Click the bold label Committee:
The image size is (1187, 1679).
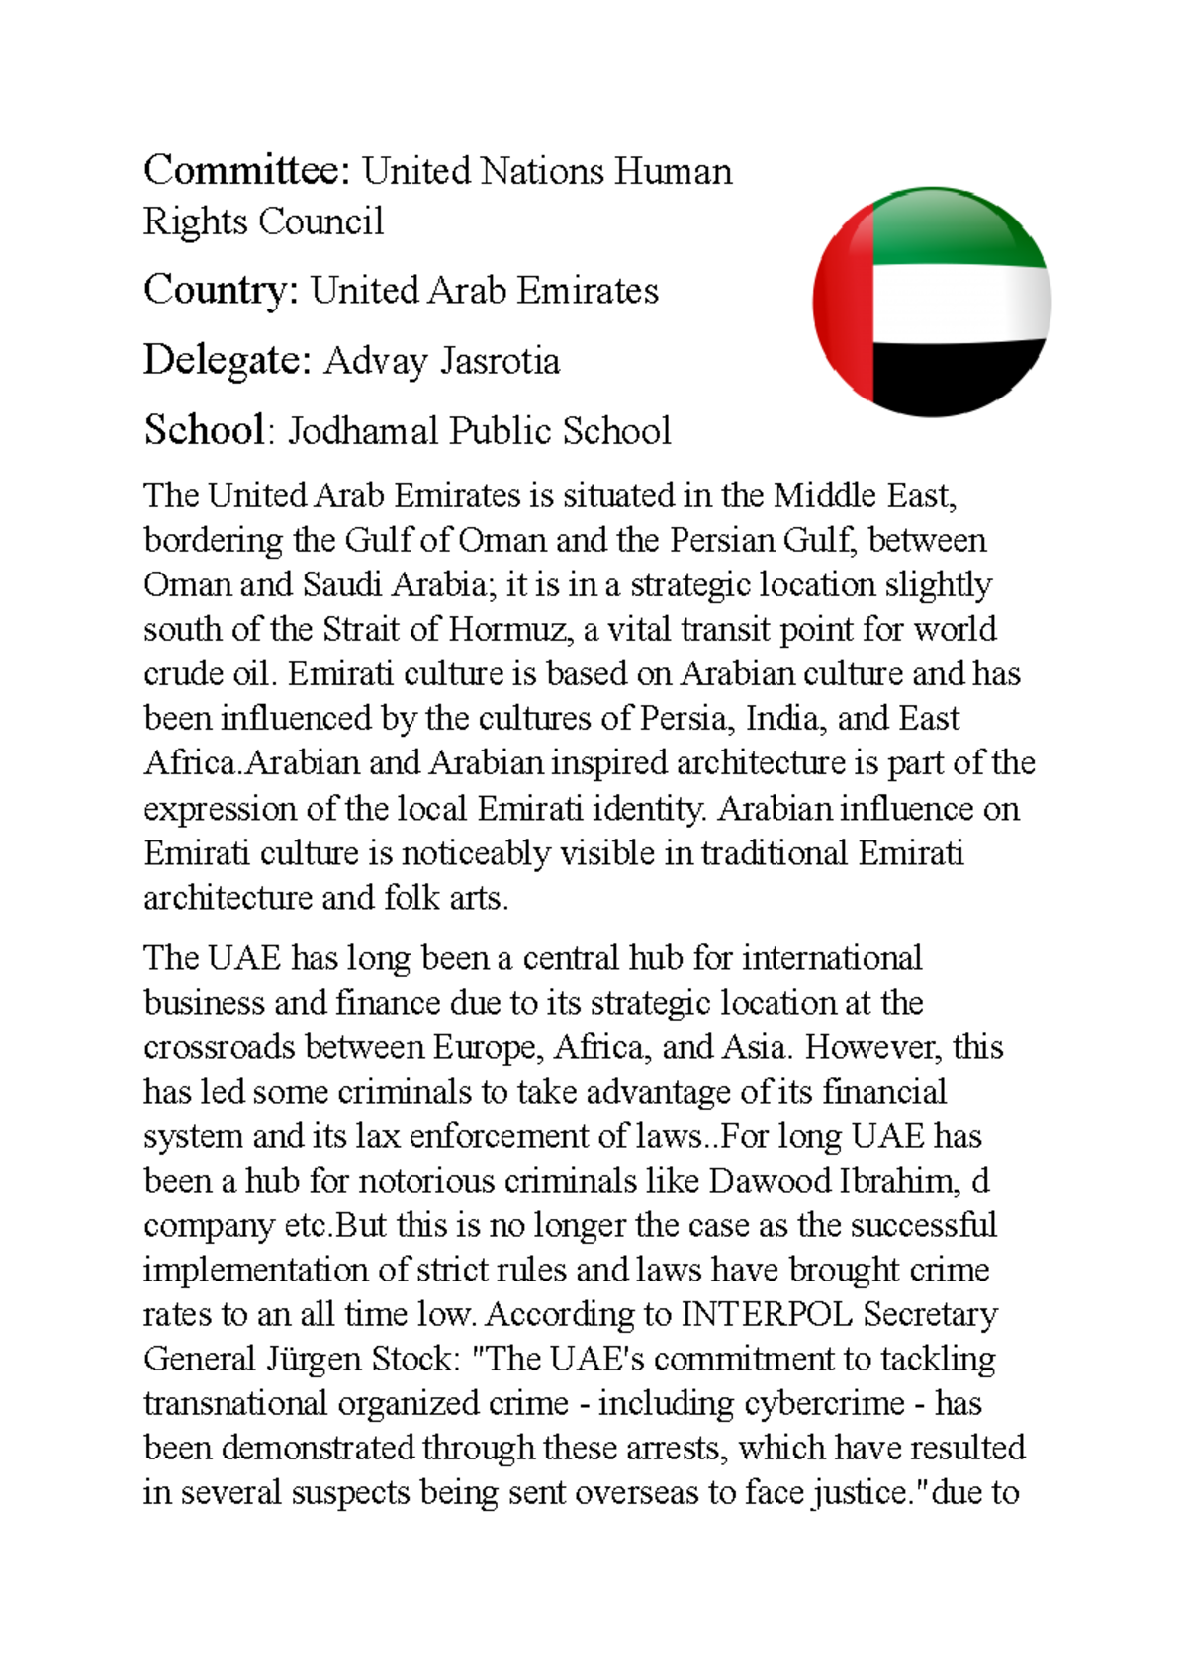coord(246,171)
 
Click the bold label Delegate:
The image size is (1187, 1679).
coord(228,360)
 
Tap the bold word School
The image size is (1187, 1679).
coord(204,430)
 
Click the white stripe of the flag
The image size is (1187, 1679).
coord(959,302)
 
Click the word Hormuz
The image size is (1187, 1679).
coord(508,630)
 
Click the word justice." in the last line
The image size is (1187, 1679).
coord(866,1493)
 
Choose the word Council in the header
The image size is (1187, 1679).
coord(321,221)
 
